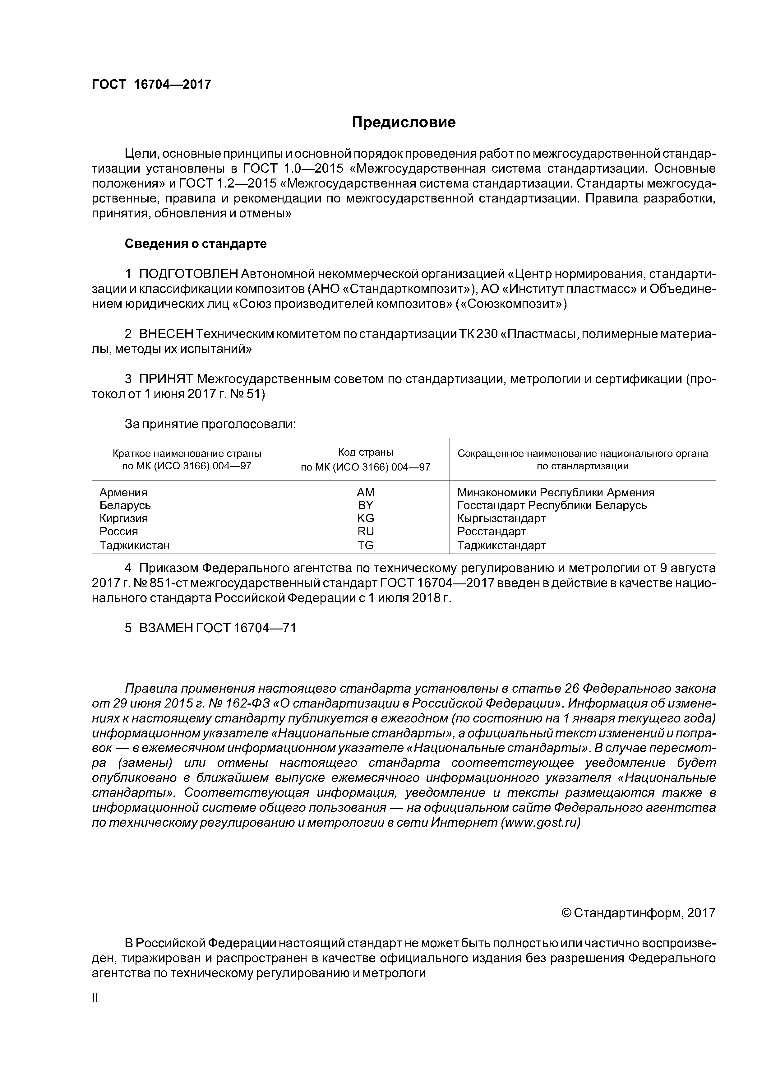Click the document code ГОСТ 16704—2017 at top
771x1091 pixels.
coord(151,85)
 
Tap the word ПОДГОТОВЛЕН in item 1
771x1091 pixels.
coord(188,274)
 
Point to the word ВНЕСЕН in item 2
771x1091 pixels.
coord(166,334)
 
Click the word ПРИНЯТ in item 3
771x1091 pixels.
coord(166,379)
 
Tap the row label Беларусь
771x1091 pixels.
coord(125,505)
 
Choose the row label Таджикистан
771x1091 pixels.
coord(134,545)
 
